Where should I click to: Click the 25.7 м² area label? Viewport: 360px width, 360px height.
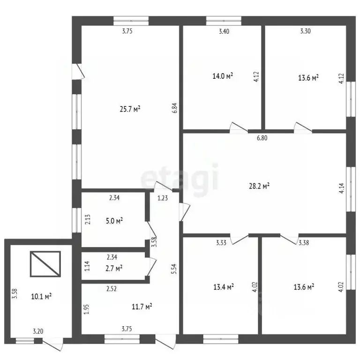click(130, 109)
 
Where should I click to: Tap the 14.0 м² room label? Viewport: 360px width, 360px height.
click(223, 76)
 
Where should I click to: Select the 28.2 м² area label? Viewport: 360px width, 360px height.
click(259, 186)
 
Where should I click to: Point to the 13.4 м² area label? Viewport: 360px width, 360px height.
click(224, 287)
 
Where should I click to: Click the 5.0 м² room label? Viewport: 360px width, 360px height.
click(114, 221)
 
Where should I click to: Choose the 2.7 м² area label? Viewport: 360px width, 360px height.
click(114, 268)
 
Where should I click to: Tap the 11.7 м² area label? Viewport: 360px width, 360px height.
click(142, 307)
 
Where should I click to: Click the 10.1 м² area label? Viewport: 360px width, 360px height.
click(41, 296)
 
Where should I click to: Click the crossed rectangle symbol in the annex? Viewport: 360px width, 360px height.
click(45, 264)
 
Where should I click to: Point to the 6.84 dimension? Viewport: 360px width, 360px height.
click(175, 108)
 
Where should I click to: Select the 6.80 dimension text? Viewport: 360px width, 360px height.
click(262, 138)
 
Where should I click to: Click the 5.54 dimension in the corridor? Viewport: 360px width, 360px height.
click(175, 269)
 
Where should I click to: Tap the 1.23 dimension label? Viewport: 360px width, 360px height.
click(163, 198)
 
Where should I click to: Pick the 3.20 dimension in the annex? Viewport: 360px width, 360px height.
click(38, 331)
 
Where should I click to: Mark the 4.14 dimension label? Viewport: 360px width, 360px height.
click(342, 188)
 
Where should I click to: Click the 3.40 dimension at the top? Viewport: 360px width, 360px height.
click(224, 31)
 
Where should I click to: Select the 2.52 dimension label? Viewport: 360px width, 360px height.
click(112, 289)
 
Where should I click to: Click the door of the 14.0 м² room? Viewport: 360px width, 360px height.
click(239, 128)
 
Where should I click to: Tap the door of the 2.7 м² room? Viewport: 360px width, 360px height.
click(151, 266)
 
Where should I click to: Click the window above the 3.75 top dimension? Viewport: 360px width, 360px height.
click(131, 21)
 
